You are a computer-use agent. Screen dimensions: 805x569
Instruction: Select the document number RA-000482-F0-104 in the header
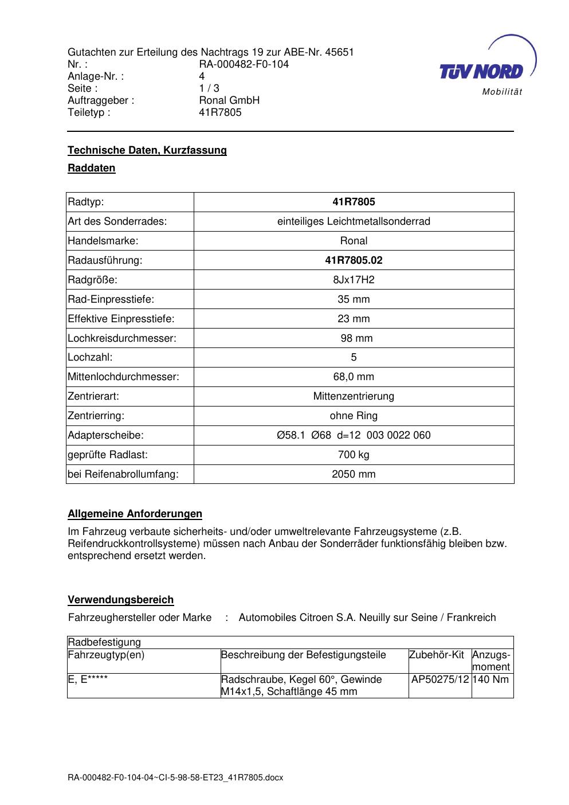pos(244,64)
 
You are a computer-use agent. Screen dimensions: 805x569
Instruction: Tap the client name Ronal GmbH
pos(229,100)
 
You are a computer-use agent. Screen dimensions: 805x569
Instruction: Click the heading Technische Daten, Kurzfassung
pos(147,150)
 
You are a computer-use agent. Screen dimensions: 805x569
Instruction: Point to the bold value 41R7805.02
pos(354,260)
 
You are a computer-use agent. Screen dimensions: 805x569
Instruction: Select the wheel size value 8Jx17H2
pos(354,280)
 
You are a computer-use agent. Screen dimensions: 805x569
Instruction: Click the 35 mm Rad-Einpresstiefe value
pos(354,299)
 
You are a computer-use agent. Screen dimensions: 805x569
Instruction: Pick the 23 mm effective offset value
pos(354,319)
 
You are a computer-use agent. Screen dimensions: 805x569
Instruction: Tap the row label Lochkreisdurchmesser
pos(122,338)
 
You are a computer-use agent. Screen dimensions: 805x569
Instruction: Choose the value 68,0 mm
pos(354,377)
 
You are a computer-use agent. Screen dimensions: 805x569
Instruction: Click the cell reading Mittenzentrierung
pos(354,396)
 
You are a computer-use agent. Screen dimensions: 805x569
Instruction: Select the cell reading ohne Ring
pos(354,416)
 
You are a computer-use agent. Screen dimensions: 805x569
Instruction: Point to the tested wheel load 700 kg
pos(354,455)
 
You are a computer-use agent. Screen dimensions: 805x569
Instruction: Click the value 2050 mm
pos(354,474)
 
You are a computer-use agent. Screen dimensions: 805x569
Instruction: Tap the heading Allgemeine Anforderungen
pos(135,514)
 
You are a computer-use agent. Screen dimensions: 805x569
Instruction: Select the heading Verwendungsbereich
pos(121,600)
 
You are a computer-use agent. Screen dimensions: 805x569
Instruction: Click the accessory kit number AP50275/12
pos(440,679)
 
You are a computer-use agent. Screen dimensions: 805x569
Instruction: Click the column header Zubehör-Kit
pos(437,655)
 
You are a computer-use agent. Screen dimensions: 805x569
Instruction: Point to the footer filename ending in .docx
pos(176,778)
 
